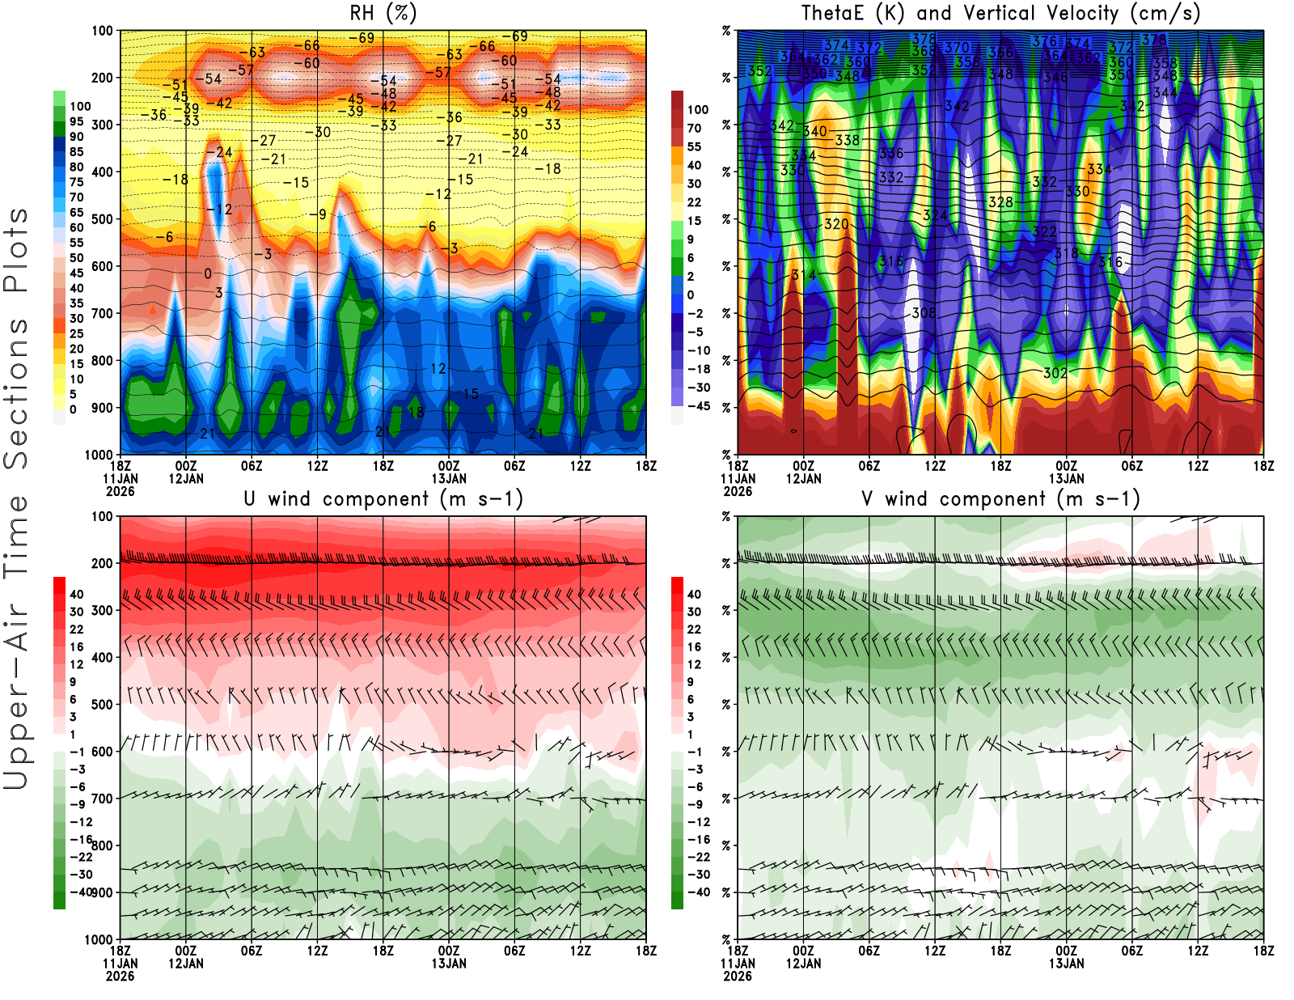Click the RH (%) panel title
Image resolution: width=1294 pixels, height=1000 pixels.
click(383, 14)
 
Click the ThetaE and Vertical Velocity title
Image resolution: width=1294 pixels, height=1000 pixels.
click(1000, 14)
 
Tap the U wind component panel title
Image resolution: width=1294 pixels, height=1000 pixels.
click(383, 499)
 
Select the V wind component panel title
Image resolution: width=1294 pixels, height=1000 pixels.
click(1000, 499)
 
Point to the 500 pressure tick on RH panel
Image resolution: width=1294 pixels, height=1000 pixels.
click(102, 219)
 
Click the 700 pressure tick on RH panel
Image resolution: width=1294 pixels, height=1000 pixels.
click(102, 313)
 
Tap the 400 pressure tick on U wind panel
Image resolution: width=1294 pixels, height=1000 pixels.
click(102, 658)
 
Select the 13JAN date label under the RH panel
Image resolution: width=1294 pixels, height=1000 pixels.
click(449, 479)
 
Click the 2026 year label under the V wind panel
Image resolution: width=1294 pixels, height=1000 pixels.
click(738, 977)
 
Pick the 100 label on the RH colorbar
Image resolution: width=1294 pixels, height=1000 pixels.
click(80, 107)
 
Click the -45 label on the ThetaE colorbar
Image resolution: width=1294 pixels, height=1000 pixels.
click(698, 406)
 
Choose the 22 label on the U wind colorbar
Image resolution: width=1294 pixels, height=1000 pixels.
click(77, 629)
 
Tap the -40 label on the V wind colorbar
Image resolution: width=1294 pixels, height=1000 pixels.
click(698, 892)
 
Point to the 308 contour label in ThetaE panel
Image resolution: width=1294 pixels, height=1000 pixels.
click(924, 313)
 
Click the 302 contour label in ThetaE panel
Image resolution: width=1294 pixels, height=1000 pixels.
click(1055, 373)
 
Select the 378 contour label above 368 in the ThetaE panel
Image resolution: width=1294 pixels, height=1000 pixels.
click(924, 39)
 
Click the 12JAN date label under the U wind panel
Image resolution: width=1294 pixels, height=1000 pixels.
click(186, 964)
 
